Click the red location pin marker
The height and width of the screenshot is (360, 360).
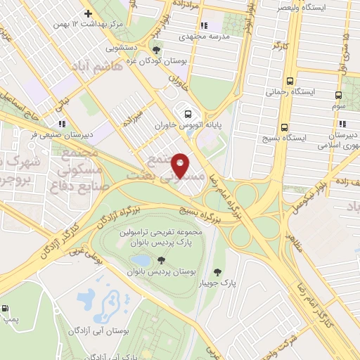pyautogui.click(x=181, y=165)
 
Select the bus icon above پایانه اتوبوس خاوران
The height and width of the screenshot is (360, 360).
pyautogui.click(x=187, y=113)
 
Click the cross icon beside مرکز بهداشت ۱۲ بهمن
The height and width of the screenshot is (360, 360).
pyautogui.click(x=87, y=13)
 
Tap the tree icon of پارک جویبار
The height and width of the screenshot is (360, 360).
pyautogui.click(x=218, y=271)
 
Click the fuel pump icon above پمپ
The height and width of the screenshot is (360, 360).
pyautogui.click(x=6, y=308)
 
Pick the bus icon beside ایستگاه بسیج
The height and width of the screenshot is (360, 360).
pyautogui.click(x=284, y=127)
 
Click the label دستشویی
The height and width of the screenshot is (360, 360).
pyautogui.click(x=122, y=49)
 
